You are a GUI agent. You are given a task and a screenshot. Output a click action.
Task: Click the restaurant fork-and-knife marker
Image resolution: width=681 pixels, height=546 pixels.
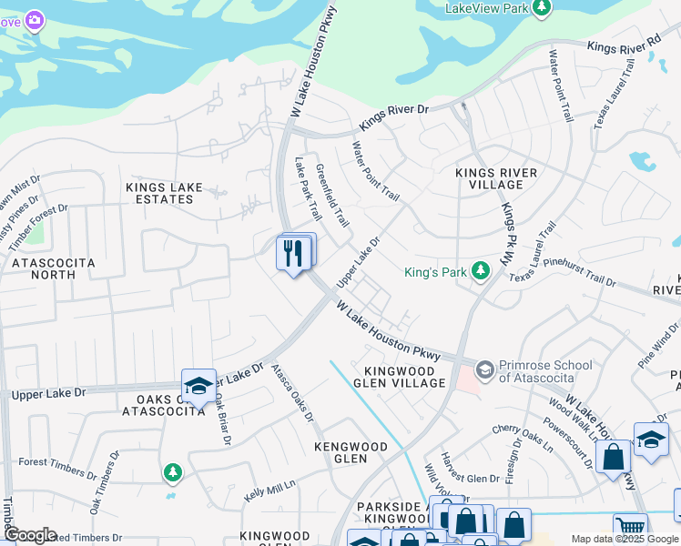[x=293, y=253]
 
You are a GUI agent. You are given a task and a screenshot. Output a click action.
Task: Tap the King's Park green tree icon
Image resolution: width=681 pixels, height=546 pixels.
[x=480, y=271]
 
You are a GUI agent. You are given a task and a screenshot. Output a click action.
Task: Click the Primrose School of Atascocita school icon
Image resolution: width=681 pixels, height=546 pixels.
[x=485, y=368]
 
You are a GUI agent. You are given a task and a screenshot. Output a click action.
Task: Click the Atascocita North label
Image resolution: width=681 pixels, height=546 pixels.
[x=53, y=268]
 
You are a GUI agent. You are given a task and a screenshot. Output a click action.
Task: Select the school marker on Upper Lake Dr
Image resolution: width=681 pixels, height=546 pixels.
[x=198, y=387]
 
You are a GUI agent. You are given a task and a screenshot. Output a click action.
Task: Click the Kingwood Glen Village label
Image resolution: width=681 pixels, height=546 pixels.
[x=405, y=377]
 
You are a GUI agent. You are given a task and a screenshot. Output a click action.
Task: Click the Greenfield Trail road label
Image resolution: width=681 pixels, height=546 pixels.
[x=332, y=195]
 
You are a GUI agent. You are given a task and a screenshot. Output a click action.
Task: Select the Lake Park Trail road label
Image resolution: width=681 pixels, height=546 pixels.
[x=309, y=189]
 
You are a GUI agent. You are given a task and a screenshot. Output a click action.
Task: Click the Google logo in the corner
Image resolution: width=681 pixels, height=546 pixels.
[x=29, y=535]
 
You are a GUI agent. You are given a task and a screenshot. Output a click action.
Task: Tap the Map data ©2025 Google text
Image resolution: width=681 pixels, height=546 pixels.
[x=624, y=539]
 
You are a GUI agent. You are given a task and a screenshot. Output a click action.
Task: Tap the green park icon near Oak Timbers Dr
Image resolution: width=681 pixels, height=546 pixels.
[x=172, y=472]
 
